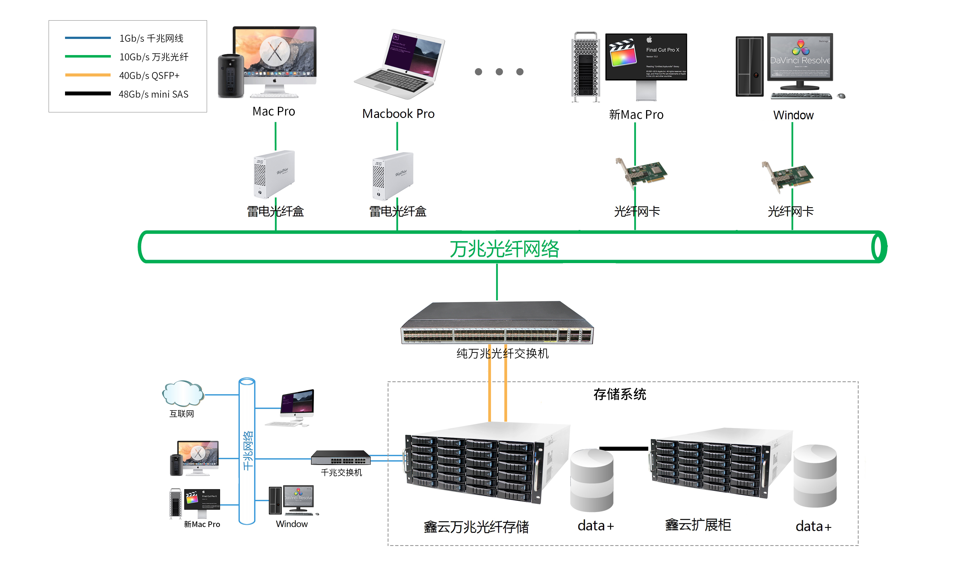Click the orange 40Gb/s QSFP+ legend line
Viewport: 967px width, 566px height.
88,75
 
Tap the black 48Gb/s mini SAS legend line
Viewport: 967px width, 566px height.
88,93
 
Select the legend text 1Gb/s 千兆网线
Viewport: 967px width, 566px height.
151,38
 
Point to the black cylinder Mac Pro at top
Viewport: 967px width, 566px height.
231,76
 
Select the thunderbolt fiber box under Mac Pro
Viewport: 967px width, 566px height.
274,174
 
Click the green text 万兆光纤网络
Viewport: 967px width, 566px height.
504,249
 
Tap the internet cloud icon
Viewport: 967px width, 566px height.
183,393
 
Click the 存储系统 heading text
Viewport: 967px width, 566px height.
619,394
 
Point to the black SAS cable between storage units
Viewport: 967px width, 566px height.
623,448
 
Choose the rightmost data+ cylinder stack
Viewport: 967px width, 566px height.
815,476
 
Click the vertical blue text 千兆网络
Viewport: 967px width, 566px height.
248,450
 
